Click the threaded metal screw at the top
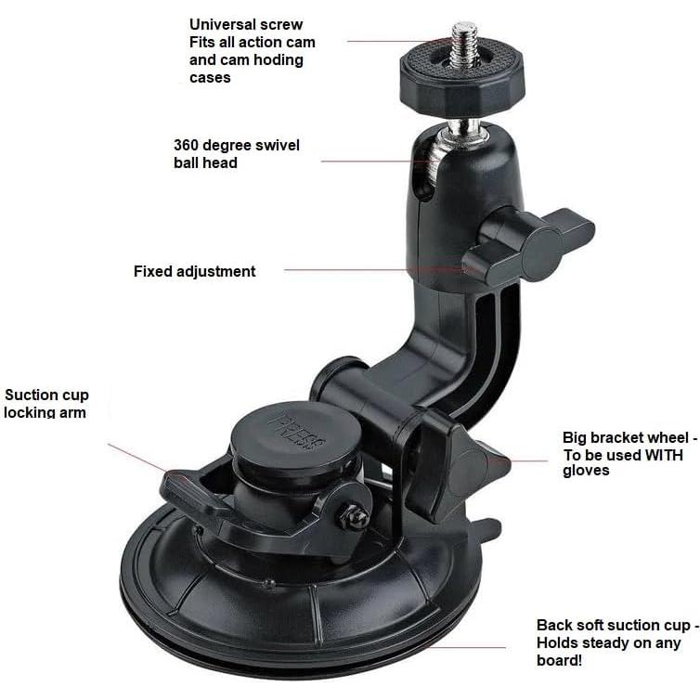click(x=463, y=41)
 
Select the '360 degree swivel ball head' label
click(x=236, y=154)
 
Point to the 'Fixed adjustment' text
click(x=194, y=271)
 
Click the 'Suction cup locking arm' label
click(x=46, y=404)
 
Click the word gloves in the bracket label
click(x=586, y=471)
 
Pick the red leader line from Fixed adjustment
click(x=371, y=270)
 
